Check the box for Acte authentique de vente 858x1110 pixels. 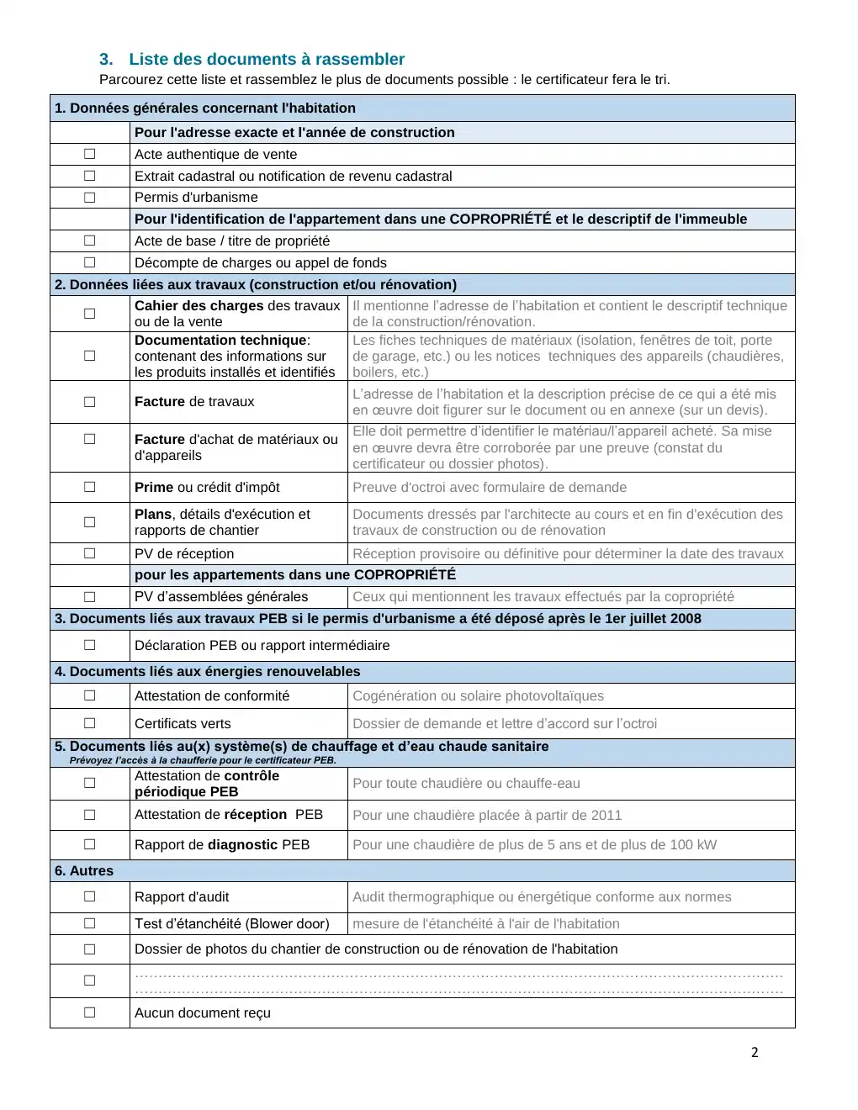point(90,155)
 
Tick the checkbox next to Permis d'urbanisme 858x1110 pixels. point(90,198)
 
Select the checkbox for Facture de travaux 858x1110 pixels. point(90,402)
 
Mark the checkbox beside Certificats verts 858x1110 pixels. point(90,723)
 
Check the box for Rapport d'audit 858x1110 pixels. point(90,896)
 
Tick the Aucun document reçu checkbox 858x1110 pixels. point(90,1012)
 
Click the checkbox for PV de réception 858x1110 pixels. point(90,553)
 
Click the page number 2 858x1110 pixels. point(755,1052)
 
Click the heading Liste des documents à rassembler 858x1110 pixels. point(266,59)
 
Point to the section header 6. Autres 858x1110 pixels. point(84,870)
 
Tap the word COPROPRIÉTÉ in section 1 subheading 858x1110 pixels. point(500,219)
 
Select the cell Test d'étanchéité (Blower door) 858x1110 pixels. point(231,923)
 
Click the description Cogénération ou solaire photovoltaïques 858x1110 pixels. point(478,695)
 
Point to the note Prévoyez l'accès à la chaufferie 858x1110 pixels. point(203,760)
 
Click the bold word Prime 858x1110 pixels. point(153,487)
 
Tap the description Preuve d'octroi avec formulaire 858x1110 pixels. point(489,487)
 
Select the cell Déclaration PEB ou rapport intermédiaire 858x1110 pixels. point(262,645)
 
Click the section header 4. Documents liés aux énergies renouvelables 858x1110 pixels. point(207,671)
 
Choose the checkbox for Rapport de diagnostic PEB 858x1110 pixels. point(90,844)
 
